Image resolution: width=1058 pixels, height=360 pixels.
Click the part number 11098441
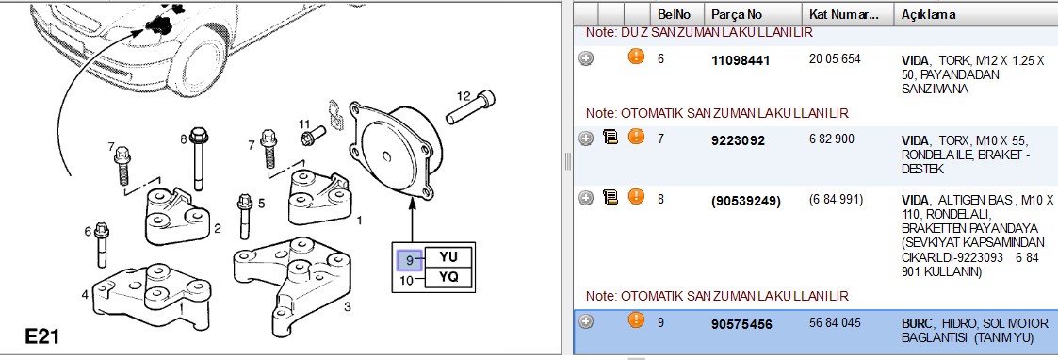(x=741, y=61)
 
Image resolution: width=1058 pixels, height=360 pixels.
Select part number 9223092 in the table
(x=739, y=140)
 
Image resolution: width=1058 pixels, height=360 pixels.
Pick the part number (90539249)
(x=745, y=202)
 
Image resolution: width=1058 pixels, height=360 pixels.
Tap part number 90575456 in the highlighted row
(x=741, y=324)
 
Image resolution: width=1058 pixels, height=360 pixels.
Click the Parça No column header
(x=737, y=15)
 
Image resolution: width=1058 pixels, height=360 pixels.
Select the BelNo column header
(x=674, y=15)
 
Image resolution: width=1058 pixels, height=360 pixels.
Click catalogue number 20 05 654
(x=835, y=59)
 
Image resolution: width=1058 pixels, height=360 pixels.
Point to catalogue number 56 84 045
(x=835, y=323)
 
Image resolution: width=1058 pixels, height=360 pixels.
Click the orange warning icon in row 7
(x=636, y=137)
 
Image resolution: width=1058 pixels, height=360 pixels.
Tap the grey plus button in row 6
(x=586, y=58)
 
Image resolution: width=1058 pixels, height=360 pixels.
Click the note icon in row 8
(x=610, y=197)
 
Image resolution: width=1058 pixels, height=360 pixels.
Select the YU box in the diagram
(x=448, y=257)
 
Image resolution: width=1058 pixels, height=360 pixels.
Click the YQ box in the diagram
(x=448, y=278)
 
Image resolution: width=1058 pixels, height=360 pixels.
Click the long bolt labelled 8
(x=198, y=159)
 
